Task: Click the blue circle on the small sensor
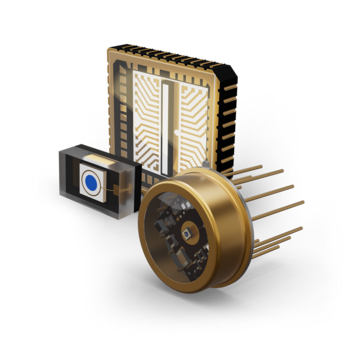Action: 90,182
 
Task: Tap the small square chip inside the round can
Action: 188,236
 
